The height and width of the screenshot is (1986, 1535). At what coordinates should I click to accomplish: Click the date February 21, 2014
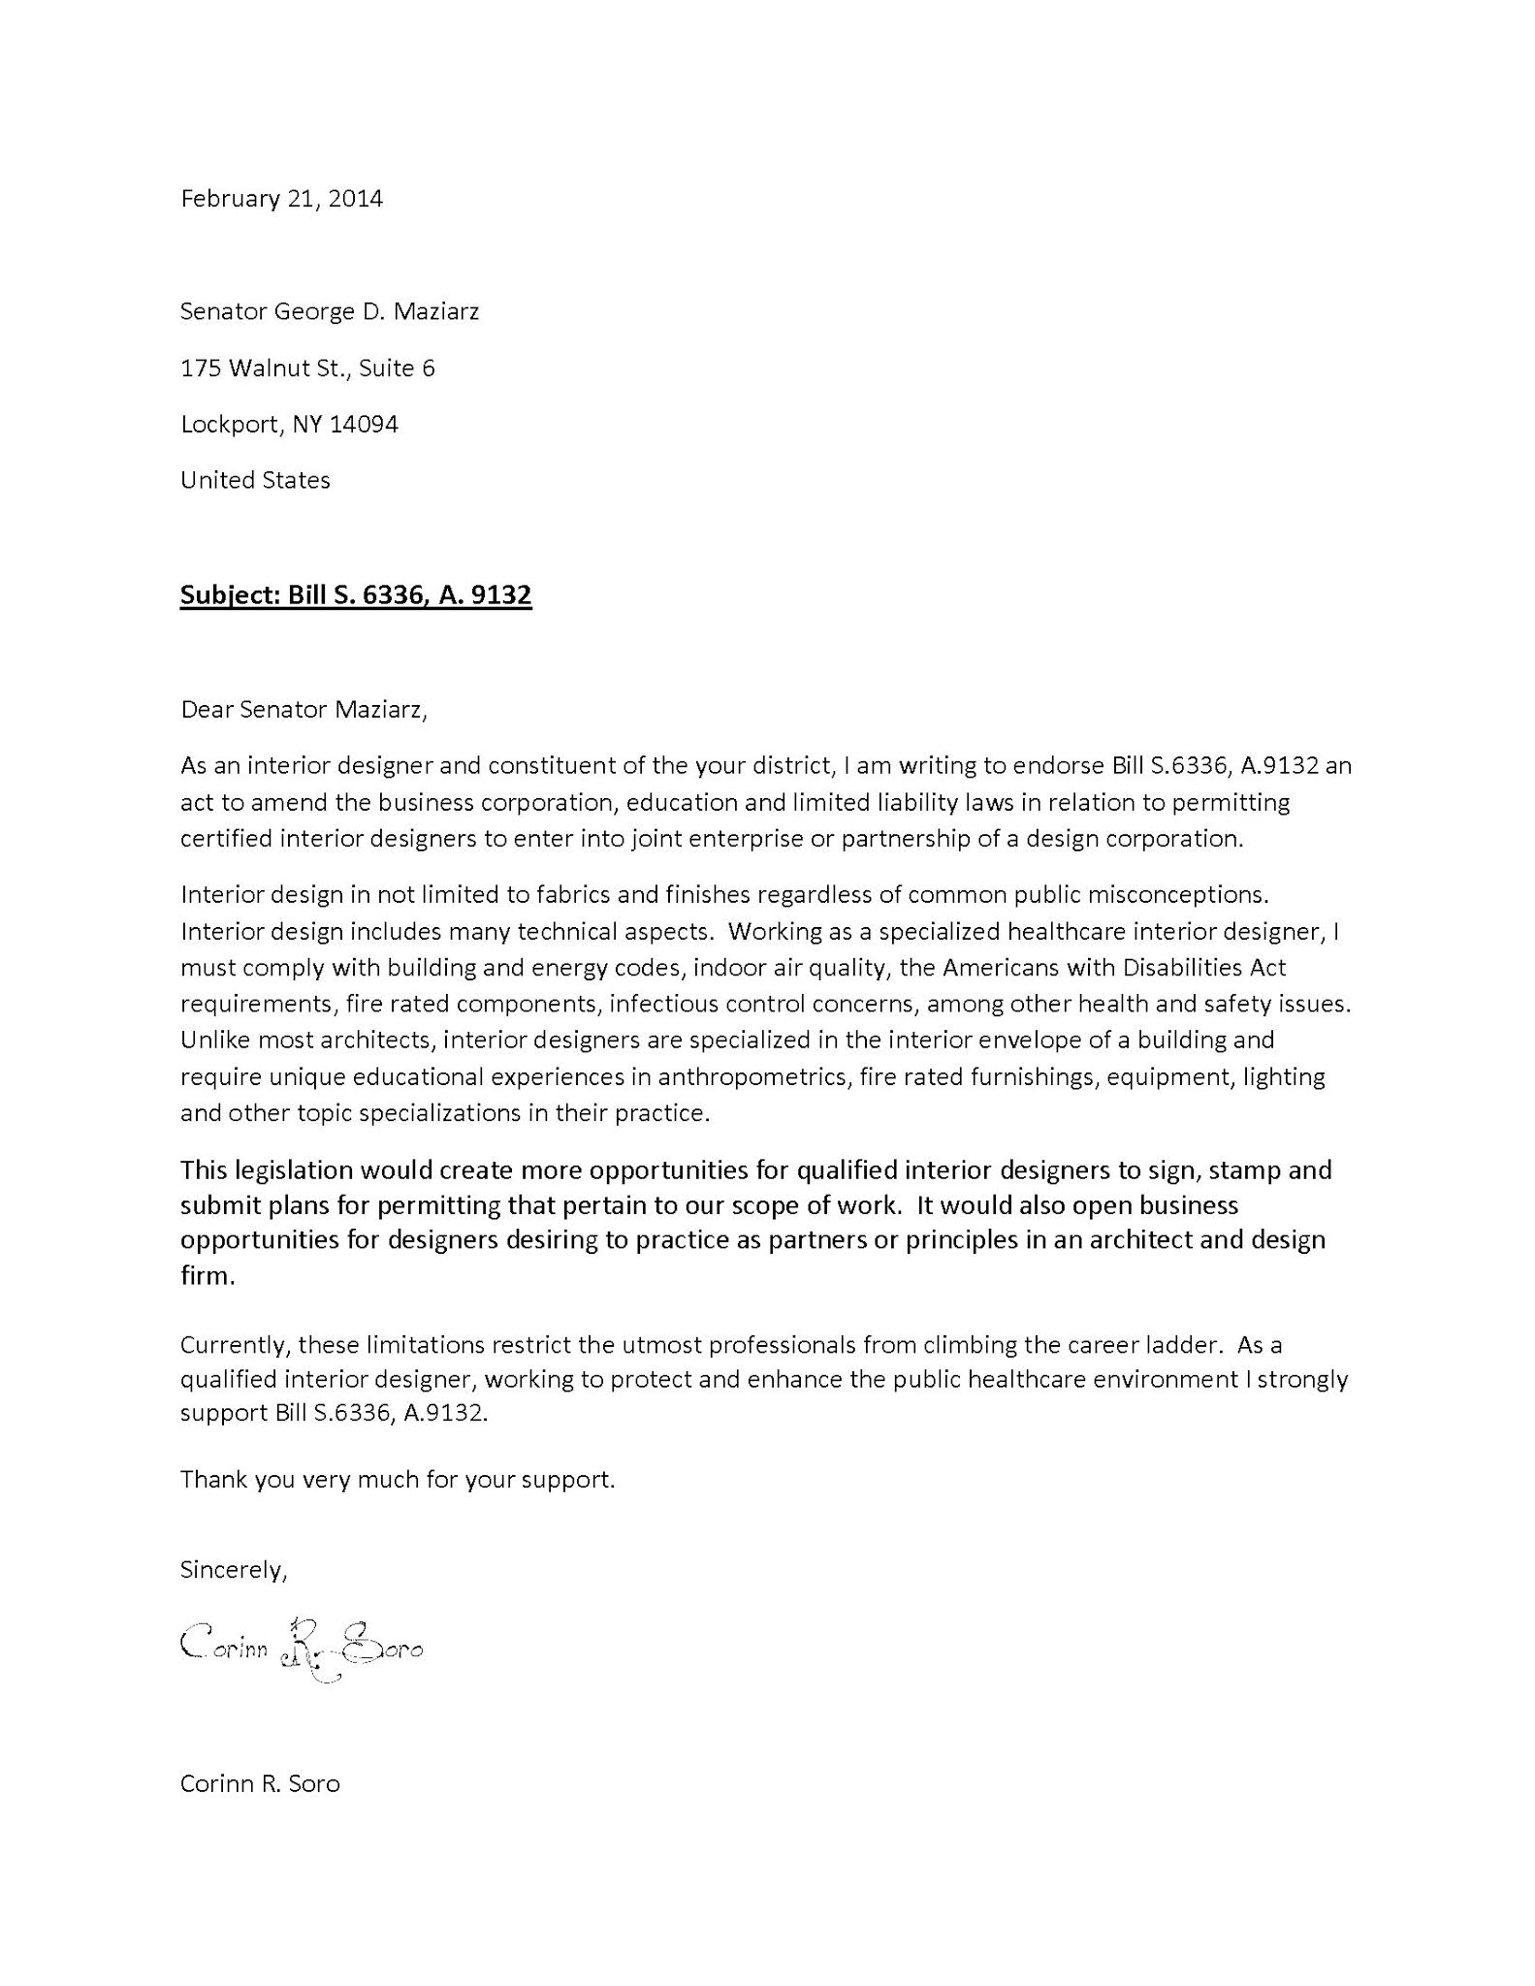(x=281, y=199)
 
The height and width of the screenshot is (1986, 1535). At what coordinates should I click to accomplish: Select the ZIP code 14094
(x=364, y=425)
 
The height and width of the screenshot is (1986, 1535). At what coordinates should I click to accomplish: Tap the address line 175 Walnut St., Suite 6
(x=307, y=368)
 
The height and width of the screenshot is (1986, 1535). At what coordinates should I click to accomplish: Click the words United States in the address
(x=255, y=481)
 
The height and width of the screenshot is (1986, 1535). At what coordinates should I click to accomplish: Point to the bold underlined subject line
(x=356, y=595)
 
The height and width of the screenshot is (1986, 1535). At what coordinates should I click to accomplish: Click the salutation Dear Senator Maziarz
(x=304, y=710)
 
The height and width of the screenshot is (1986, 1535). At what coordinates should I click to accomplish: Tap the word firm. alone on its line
(x=208, y=1276)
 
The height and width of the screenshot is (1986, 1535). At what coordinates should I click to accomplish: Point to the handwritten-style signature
(x=302, y=1650)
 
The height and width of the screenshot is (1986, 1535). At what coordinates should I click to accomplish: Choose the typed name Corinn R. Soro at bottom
(x=260, y=1784)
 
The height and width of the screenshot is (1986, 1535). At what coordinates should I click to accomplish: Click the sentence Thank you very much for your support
(x=398, y=1480)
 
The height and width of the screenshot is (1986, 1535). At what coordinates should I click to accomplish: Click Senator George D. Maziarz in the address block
(x=330, y=312)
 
